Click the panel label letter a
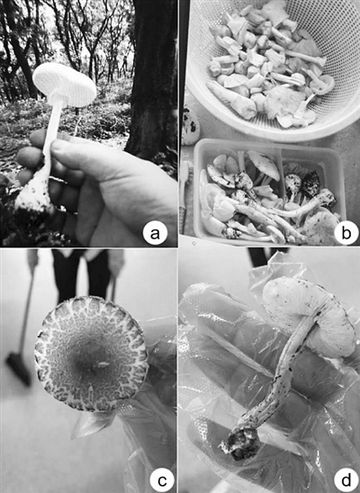(x=155, y=234)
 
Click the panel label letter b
(x=346, y=234)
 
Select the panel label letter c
(x=161, y=481)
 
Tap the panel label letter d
(x=346, y=480)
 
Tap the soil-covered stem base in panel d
(x=240, y=442)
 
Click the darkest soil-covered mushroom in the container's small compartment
(x=310, y=184)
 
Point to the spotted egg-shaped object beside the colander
(x=191, y=126)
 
